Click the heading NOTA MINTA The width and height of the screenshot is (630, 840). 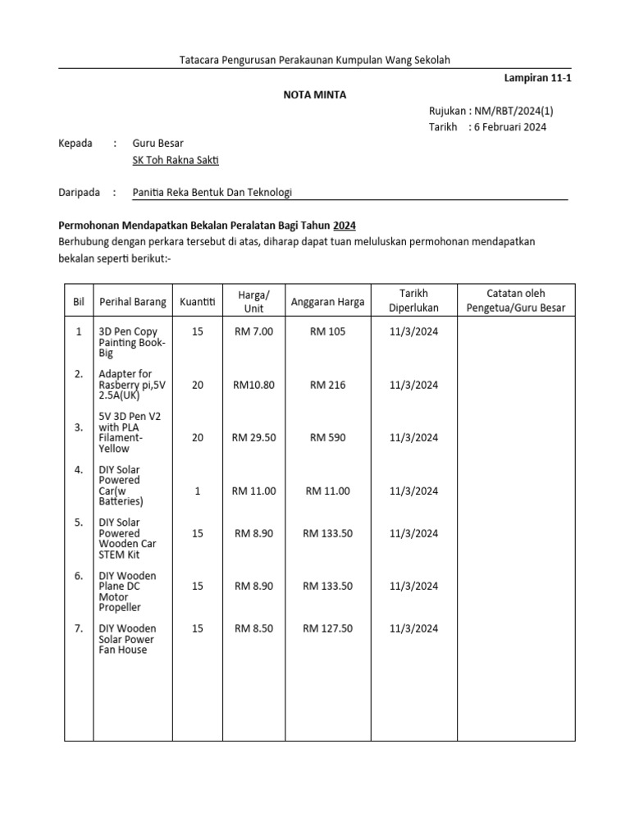tap(315, 94)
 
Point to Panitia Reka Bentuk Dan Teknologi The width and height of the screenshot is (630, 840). tap(212, 193)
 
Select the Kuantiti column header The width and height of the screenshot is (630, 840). tap(197, 301)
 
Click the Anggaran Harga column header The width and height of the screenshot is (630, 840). tap(327, 301)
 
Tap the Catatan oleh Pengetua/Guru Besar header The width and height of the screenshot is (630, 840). tap(515, 300)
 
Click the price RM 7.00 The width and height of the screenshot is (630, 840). tap(253, 331)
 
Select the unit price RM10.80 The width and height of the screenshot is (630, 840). tap(253, 385)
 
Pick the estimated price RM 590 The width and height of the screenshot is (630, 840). tap(327, 438)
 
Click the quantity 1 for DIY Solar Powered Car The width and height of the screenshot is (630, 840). tap(197, 491)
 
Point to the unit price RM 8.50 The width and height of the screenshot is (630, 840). tap(253, 629)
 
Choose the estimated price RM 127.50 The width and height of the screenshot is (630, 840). tap(327, 629)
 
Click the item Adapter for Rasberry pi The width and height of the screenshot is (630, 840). tap(130, 384)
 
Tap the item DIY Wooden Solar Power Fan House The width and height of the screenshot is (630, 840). tap(126, 639)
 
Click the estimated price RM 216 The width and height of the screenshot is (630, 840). tap(327, 385)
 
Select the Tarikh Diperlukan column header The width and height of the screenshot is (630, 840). tap(413, 300)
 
